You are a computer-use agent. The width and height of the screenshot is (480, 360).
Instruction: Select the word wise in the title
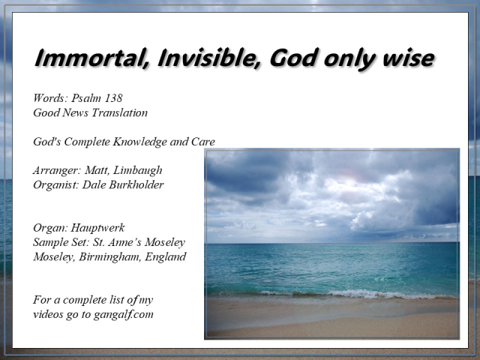(x=405, y=58)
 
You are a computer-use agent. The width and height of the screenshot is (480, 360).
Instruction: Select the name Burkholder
(x=134, y=184)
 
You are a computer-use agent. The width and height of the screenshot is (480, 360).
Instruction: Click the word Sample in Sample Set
(x=51, y=242)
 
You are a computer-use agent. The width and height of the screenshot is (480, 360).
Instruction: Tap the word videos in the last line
(x=49, y=314)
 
